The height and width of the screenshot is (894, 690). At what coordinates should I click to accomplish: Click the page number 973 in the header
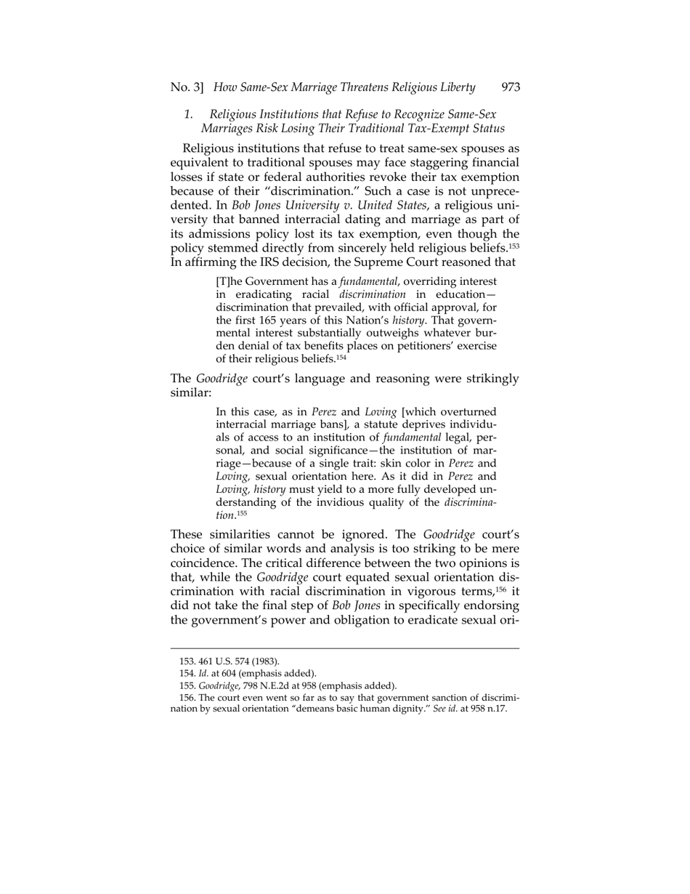511,87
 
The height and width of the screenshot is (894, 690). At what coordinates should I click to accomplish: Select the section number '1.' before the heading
188,114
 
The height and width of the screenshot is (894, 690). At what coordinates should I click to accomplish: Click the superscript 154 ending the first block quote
345,357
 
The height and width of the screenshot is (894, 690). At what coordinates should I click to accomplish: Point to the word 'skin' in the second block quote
394,462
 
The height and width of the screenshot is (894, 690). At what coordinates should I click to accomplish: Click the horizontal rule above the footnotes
345,648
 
